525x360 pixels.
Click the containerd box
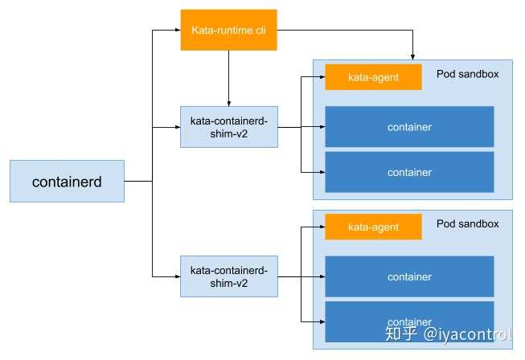pyautogui.click(x=68, y=182)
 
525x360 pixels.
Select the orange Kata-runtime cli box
pyautogui.click(x=228, y=30)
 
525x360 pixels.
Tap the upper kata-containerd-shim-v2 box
pyautogui.click(x=229, y=126)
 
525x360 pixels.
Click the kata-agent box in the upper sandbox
pyautogui.click(x=373, y=77)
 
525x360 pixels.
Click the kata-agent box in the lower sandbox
pyautogui.click(x=373, y=227)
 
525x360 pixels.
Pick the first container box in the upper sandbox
pyautogui.click(x=409, y=127)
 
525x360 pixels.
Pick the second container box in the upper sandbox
pyautogui.click(x=409, y=172)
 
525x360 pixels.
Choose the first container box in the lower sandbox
pyautogui.click(x=409, y=276)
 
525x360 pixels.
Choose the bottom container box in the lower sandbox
pyautogui.click(x=409, y=321)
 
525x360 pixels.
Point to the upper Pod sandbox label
pyautogui.click(x=467, y=74)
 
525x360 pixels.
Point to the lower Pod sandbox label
pyautogui.click(x=467, y=223)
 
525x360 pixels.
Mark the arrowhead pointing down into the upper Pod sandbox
pyautogui.click(x=412, y=56)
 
